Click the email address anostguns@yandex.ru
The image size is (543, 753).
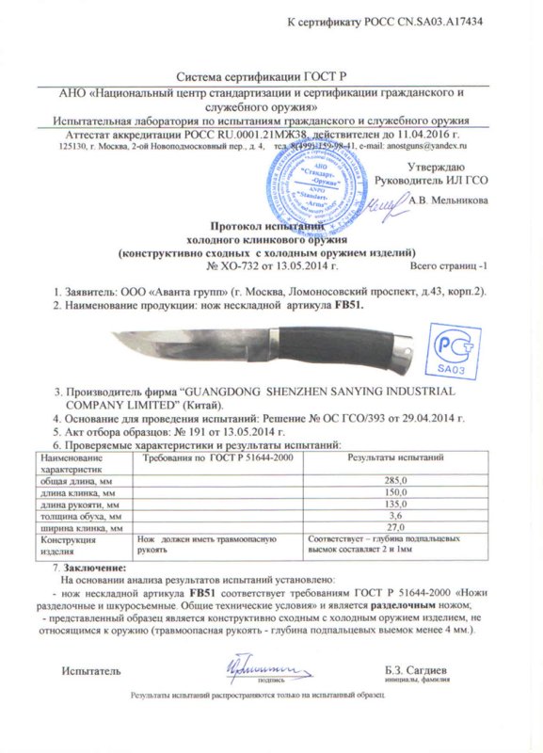pos(428,147)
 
